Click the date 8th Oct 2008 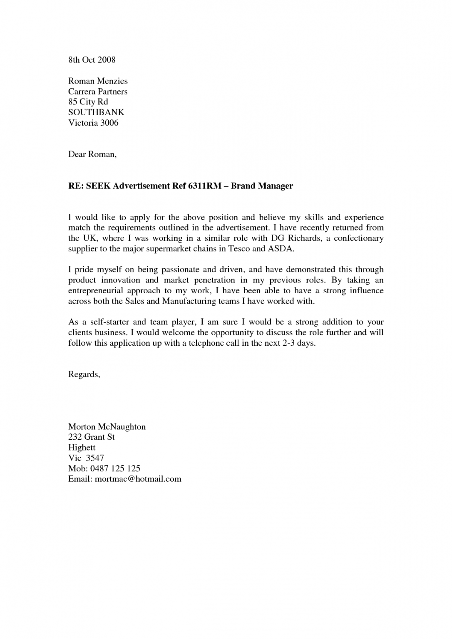[x=92, y=60]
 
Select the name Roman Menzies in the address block [x=98, y=81]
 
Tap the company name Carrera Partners [x=98, y=92]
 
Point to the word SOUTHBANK [x=96, y=112]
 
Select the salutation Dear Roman [x=92, y=154]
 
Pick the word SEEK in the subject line [x=99, y=186]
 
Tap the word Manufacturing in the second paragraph [x=189, y=301]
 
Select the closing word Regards [x=84, y=374]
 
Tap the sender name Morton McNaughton [x=107, y=427]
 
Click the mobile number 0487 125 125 [x=118, y=468]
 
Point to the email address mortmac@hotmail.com [x=138, y=479]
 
